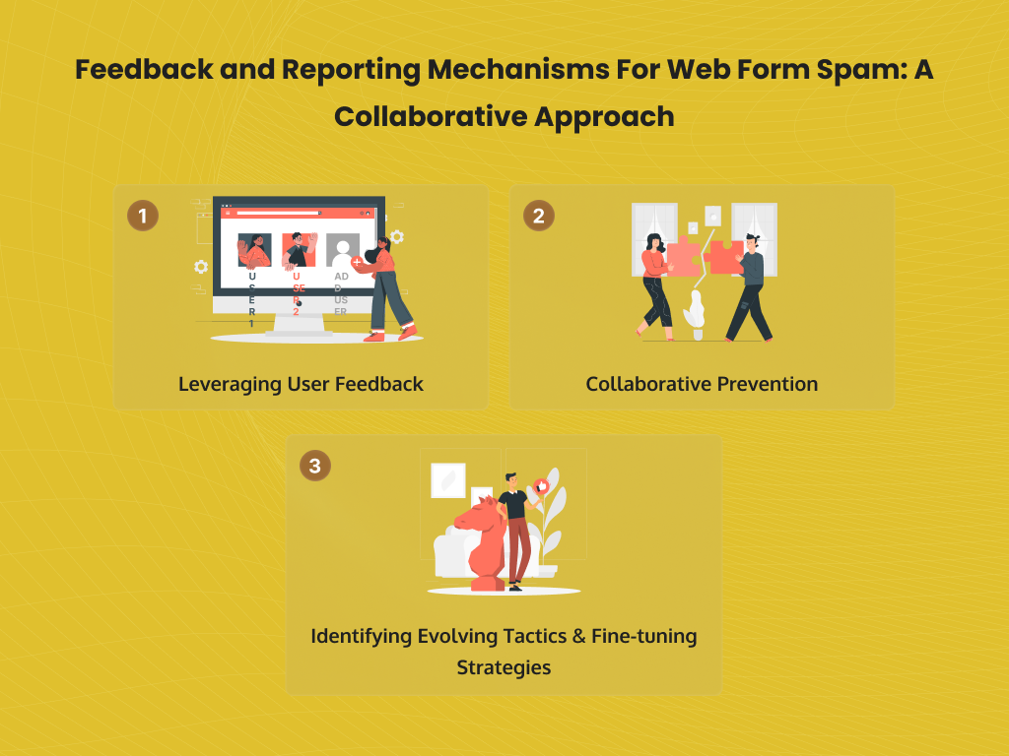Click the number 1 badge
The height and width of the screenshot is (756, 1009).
pyautogui.click(x=143, y=216)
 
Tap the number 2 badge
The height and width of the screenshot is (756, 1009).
pyautogui.click(x=538, y=216)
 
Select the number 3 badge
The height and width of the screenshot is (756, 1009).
pyautogui.click(x=314, y=466)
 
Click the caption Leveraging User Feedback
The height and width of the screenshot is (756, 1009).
pyautogui.click(x=301, y=384)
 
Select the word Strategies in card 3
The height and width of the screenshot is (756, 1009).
pyautogui.click(x=504, y=666)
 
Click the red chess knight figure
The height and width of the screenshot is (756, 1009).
pyautogui.click(x=477, y=546)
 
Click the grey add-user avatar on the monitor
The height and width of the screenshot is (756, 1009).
pyautogui.click(x=343, y=251)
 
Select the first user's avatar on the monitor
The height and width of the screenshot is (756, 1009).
pyautogui.click(x=254, y=251)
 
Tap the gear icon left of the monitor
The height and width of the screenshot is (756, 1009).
pyautogui.click(x=201, y=267)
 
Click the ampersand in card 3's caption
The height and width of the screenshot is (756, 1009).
pyautogui.click(x=576, y=636)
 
